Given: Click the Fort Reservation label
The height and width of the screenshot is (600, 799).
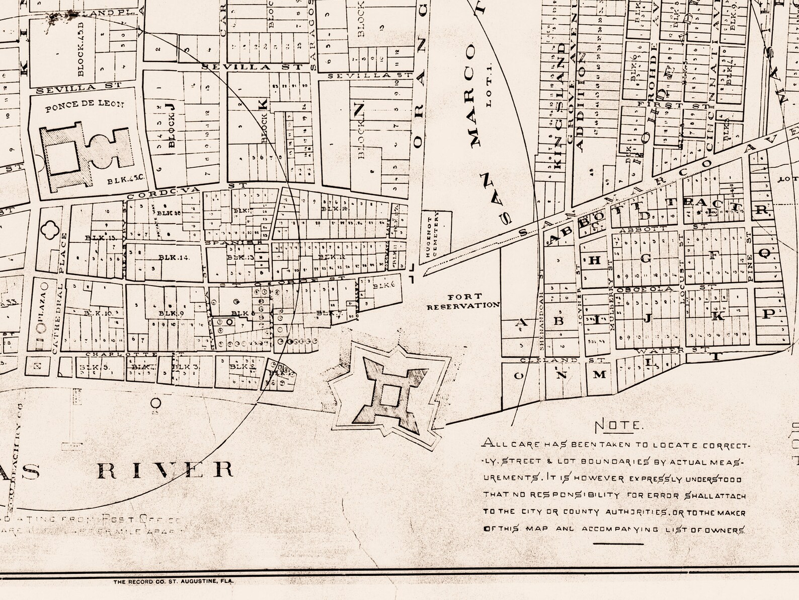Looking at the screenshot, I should (463, 301).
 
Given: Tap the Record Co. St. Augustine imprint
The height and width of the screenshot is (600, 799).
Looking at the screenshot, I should (173, 581).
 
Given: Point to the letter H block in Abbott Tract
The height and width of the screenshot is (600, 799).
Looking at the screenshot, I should (595, 260).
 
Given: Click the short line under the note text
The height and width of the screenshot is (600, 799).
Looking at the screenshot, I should (618, 544).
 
